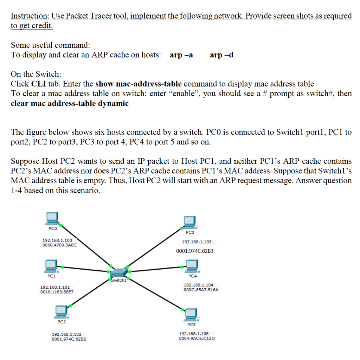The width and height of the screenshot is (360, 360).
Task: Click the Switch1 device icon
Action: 120,273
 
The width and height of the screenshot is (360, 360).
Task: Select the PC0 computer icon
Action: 52,219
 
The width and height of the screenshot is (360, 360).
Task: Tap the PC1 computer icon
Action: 52,266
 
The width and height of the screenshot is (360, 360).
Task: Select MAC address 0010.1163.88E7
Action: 57,292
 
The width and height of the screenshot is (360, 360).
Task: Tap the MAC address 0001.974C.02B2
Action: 69,339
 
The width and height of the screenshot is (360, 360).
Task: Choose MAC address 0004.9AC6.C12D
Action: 197,339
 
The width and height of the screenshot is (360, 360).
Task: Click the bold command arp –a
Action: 181,55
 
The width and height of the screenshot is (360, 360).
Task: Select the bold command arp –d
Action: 221,55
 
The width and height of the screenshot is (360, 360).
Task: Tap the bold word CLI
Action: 38,84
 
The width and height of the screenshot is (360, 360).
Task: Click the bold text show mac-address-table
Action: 139,84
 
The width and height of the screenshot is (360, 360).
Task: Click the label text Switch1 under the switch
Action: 118,280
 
